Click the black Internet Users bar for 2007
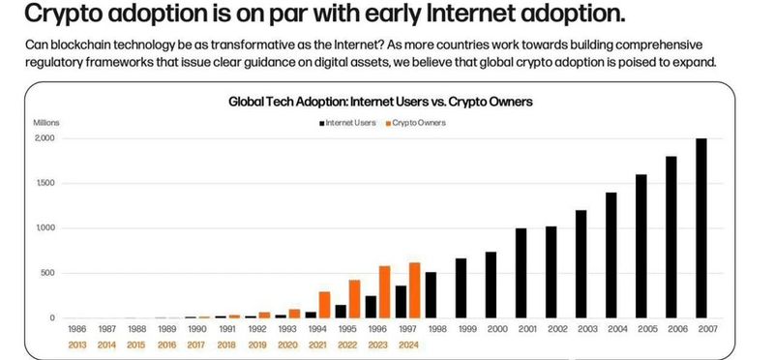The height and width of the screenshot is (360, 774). pyautogui.click(x=700, y=228)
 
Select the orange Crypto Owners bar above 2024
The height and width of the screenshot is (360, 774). pyautogui.click(x=415, y=290)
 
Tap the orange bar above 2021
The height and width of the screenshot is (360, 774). pyautogui.click(x=325, y=305)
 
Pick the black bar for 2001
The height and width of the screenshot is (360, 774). pyautogui.click(x=521, y=273)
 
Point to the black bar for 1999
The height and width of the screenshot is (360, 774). pyautogui.click(x=461, y=287)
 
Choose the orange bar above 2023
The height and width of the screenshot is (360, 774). pyautogui.click(x=384, y=292)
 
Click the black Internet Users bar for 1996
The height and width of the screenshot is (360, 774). pyautogui.click(x=371, y=307)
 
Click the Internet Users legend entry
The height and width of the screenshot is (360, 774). pyautogui.click(x=347, y=123)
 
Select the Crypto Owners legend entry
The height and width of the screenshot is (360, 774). pyautogui.click(x=416, y=123)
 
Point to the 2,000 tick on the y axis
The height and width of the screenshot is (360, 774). pyautogui.click(x=45, y=138)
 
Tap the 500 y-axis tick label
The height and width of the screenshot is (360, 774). pyautogui.click(x=48, y=274)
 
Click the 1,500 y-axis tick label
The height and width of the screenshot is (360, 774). pyautogui.click(x=45, y=184)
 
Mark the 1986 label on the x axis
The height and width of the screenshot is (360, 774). pyautogui.click(x=77, y=329)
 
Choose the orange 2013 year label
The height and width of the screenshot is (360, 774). pyautogui.click(x=77, y=345)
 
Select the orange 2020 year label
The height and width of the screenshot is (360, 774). pyautogui.click(x=286, y=345)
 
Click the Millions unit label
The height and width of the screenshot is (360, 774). pyautogui.click(x=46, y=123)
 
